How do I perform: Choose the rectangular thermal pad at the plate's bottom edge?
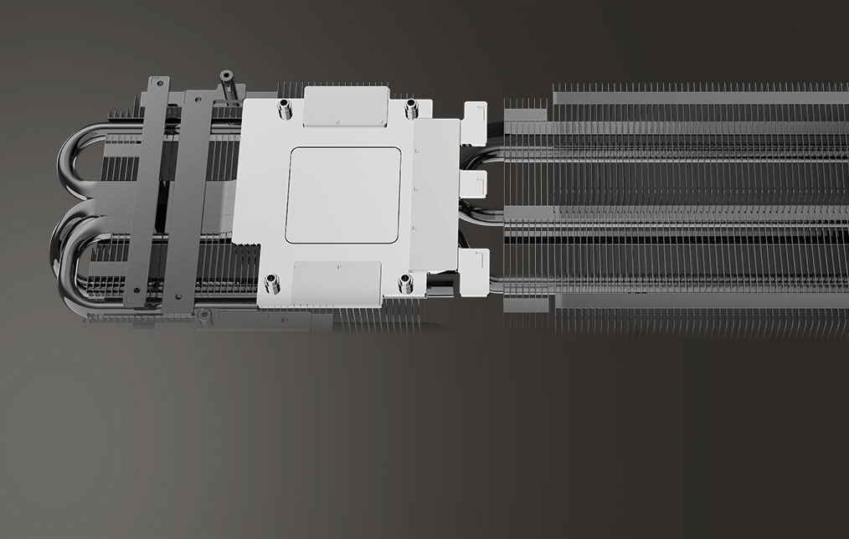click(x=337, y=280)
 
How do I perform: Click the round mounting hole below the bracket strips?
click(x=203, y=315)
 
